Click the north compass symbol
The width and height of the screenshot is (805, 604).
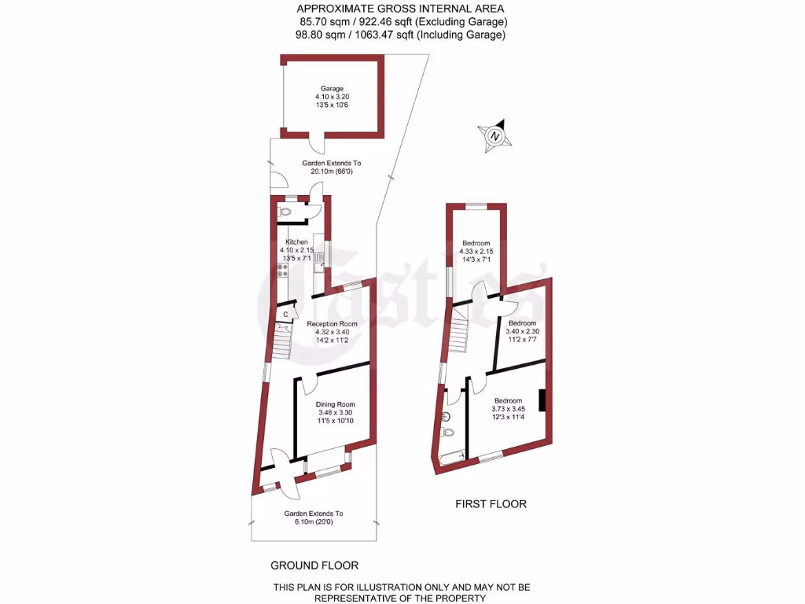coord(495,135)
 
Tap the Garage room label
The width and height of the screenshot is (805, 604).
coord(332,89)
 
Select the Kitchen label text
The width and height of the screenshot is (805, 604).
coord(296,241)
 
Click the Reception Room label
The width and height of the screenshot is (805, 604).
coord(332,324)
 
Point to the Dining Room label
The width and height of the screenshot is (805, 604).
coord(331,404)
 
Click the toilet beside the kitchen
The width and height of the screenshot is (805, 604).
coord(285,212)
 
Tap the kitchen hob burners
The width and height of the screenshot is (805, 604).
coord(281,271)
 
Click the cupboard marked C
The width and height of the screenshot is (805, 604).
coord(285,314)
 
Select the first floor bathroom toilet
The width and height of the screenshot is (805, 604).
coord(448,432)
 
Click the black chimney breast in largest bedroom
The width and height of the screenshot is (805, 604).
coord(542,400)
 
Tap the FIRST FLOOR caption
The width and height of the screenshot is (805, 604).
coord(491,504)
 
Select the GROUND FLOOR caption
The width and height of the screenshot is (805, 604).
coord(314,565)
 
